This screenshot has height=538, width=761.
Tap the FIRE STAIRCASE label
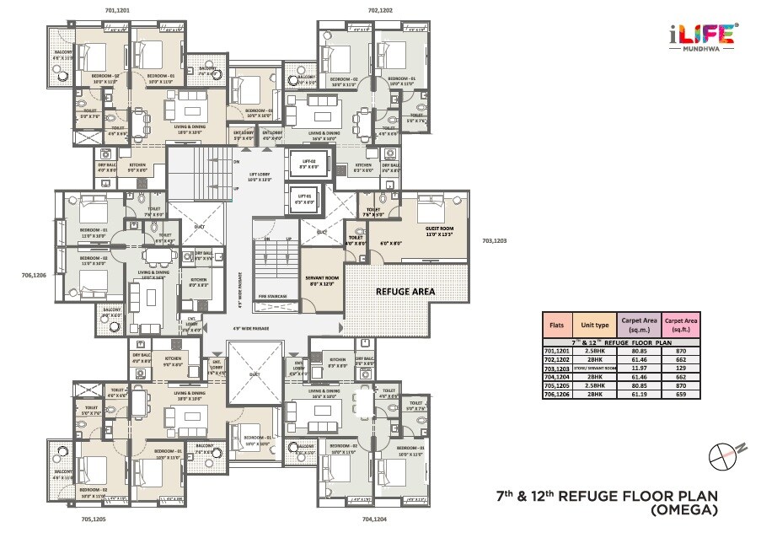click(x=273, y=297)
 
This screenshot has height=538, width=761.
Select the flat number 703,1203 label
click(x=496, y=241)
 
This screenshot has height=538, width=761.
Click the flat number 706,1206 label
click(x=33, y=274)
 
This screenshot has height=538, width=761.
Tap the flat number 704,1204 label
click(x=373, y=520)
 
